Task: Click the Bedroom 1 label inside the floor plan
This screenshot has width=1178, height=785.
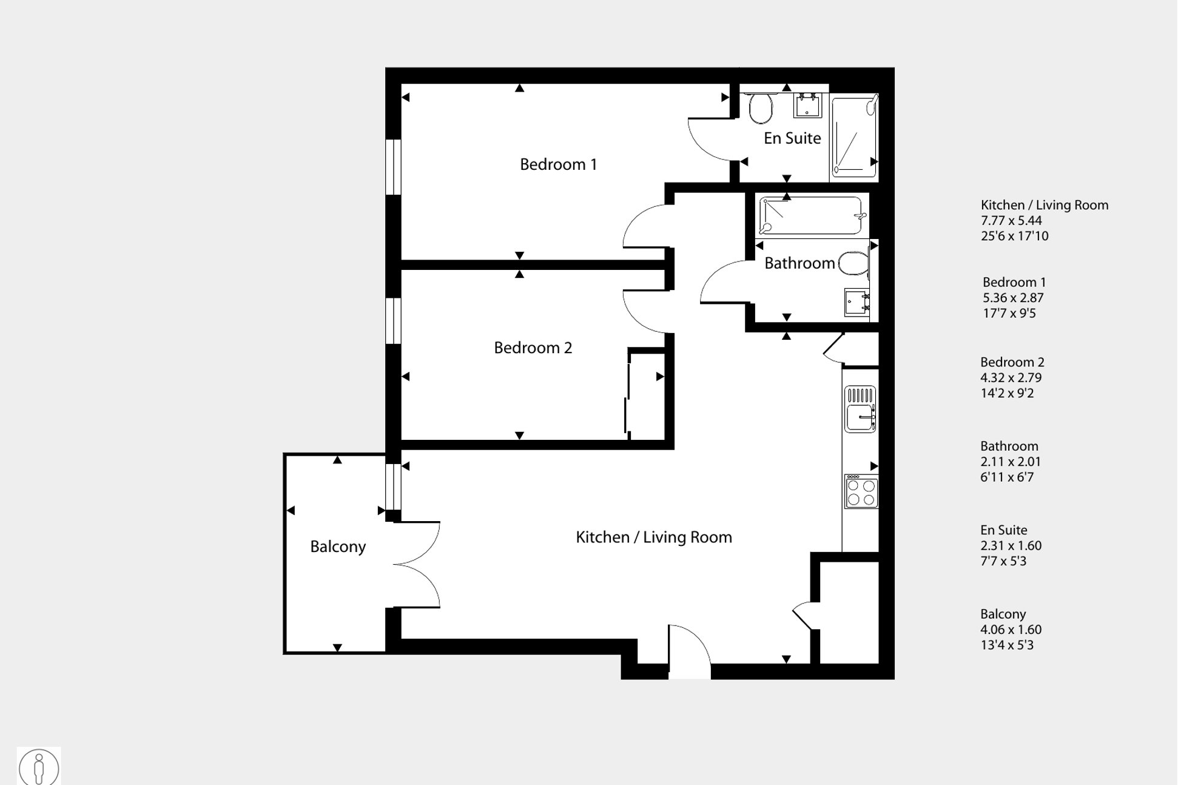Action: (558, 164)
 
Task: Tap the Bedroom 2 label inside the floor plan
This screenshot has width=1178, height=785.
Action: (533, 348)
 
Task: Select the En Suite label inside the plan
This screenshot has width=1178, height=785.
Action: (792, 138)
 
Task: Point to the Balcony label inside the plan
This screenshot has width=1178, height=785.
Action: (338, 547)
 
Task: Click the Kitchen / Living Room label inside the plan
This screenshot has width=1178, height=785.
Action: (654, 537)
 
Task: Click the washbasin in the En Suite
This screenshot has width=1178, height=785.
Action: (807, 106)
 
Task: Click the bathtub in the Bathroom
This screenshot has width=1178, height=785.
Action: (811, 215)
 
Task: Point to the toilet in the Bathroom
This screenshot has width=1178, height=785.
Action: (853, 264)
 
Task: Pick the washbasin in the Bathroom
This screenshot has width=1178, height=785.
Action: (857, 303)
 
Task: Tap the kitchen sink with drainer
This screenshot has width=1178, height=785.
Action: (860, 409)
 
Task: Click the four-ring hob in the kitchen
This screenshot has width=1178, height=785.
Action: (861, 491)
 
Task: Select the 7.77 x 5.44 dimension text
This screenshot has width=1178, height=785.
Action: (1011, 221)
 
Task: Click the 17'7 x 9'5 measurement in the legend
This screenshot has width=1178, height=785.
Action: (1009, 314)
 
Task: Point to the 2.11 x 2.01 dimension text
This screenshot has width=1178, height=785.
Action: (1011, 462)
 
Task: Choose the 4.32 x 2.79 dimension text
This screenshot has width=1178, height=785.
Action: (1011, 378)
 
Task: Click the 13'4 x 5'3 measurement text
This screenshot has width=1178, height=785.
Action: (1007, 645)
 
